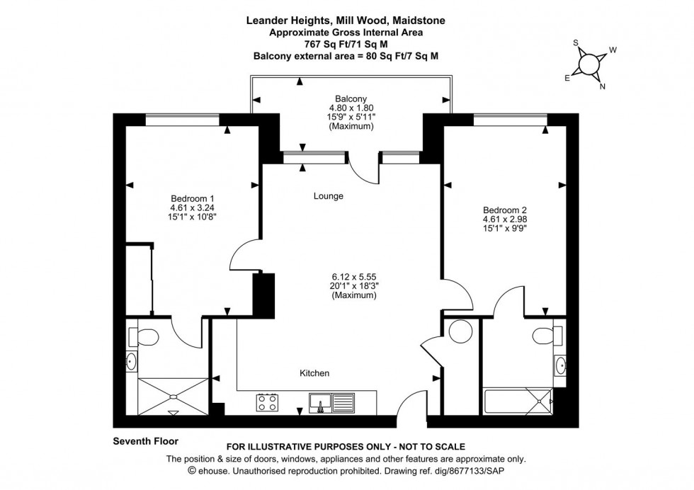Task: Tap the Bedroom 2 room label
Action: (x=504, y=210)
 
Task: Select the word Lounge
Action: (x=328, y=196)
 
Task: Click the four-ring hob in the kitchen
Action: (x=268, y=403)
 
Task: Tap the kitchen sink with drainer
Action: (x=331, y=403)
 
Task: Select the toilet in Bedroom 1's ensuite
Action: (x=147, y=334)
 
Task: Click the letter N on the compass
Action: (x=603, y=88)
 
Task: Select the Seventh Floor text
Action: (x=145, y=441)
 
